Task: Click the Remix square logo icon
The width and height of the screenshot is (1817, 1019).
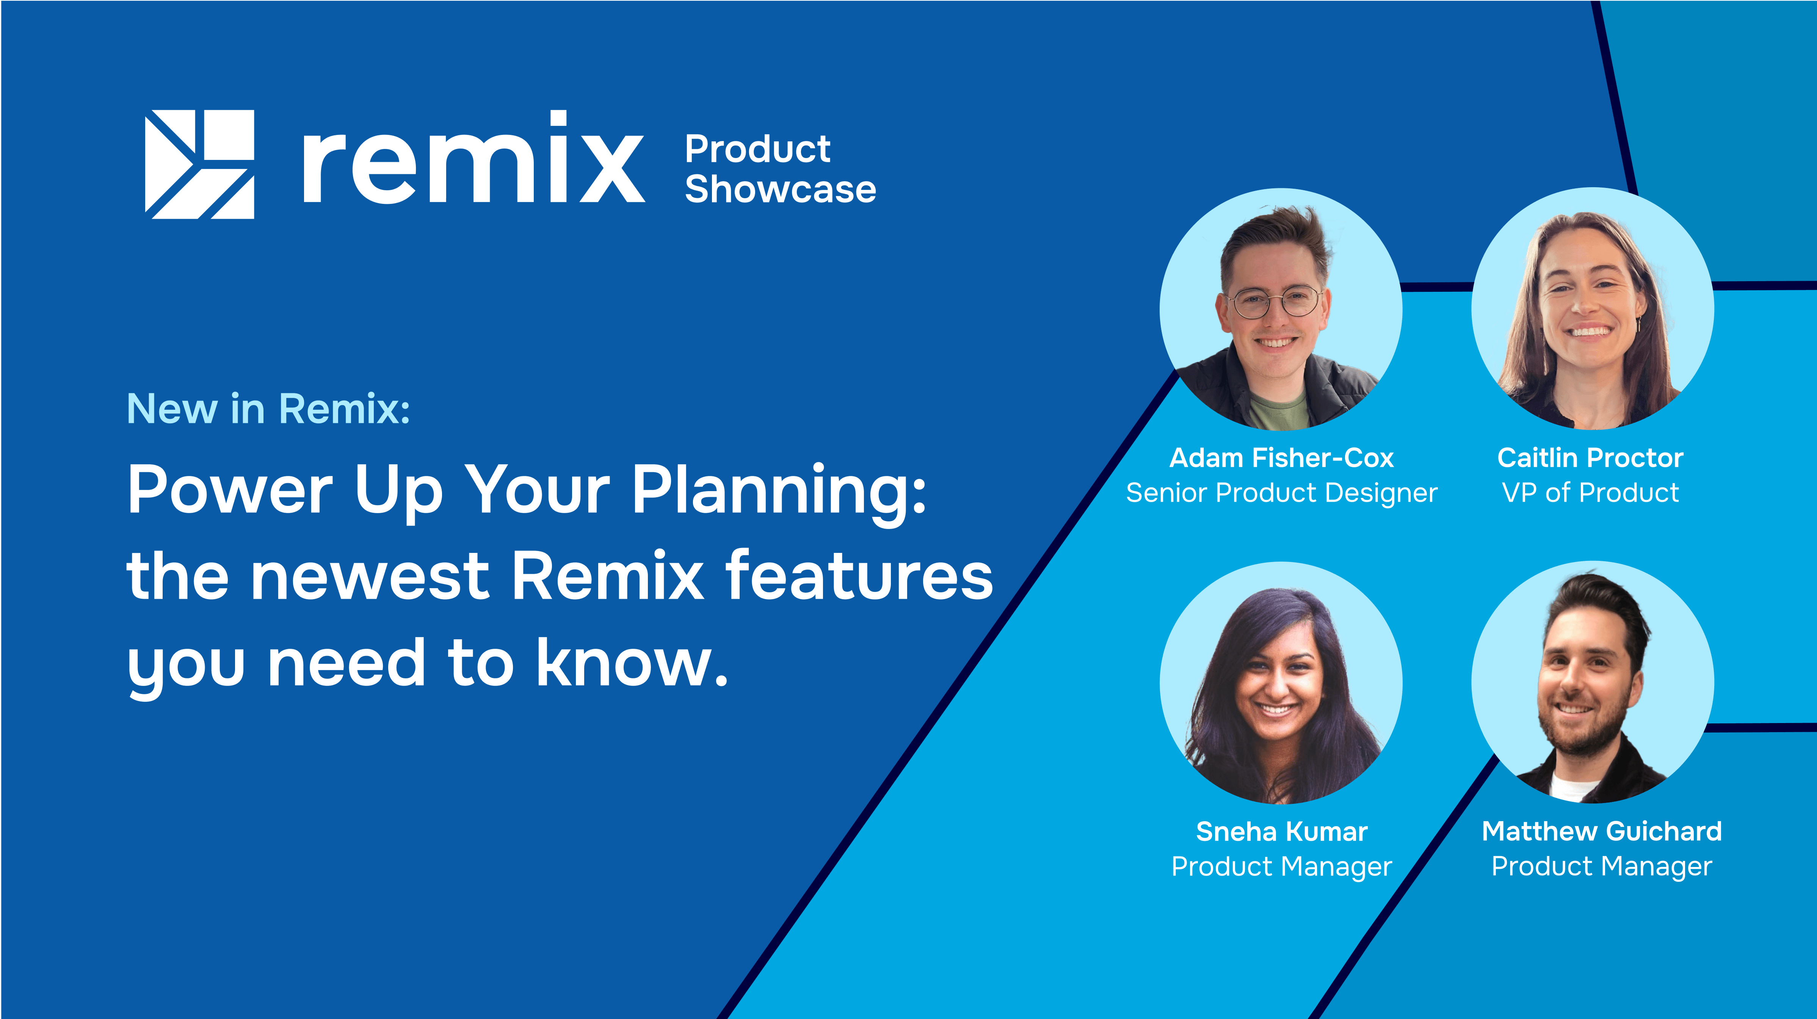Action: [x=200, y=164]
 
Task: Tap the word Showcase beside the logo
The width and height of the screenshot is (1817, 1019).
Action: [x=780, y=189]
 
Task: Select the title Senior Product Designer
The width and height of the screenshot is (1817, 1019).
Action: [x=1282, y=493]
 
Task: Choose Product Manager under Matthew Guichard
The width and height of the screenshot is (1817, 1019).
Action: [x=1602, y=866]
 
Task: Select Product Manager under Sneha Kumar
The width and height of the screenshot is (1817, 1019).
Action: [x=1282, y=866]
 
